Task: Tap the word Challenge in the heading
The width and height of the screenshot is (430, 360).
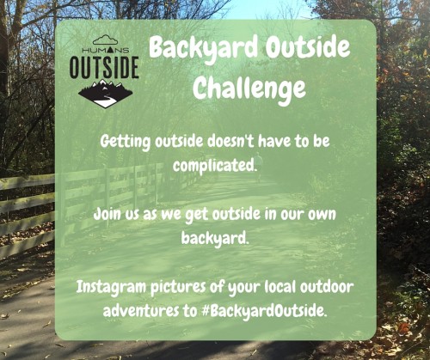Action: click(249, 87)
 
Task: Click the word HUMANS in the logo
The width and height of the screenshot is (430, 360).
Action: click(103, 50)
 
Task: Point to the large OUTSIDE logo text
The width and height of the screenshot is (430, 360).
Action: click(102, 67)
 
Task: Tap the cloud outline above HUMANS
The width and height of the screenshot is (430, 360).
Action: click(103, 40)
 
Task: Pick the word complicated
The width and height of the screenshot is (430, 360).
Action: click(215, 164)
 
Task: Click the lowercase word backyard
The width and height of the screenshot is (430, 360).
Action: click(214, 236)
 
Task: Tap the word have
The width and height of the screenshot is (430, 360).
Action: click(290, 140)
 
